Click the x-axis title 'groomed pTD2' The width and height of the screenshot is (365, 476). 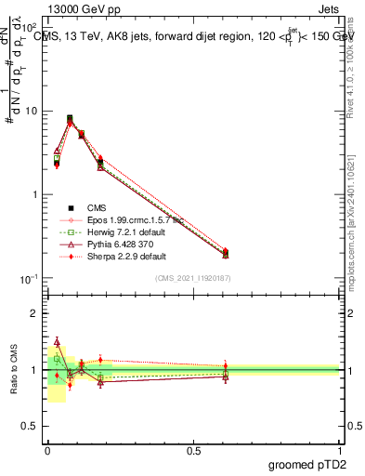(302, 464)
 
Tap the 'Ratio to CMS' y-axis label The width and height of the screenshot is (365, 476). (13, 369)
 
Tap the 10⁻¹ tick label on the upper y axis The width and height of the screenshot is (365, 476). (30, 279)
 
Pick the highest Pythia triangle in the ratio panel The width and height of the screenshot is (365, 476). (57, 342)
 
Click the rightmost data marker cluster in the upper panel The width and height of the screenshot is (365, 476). (226, 253)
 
